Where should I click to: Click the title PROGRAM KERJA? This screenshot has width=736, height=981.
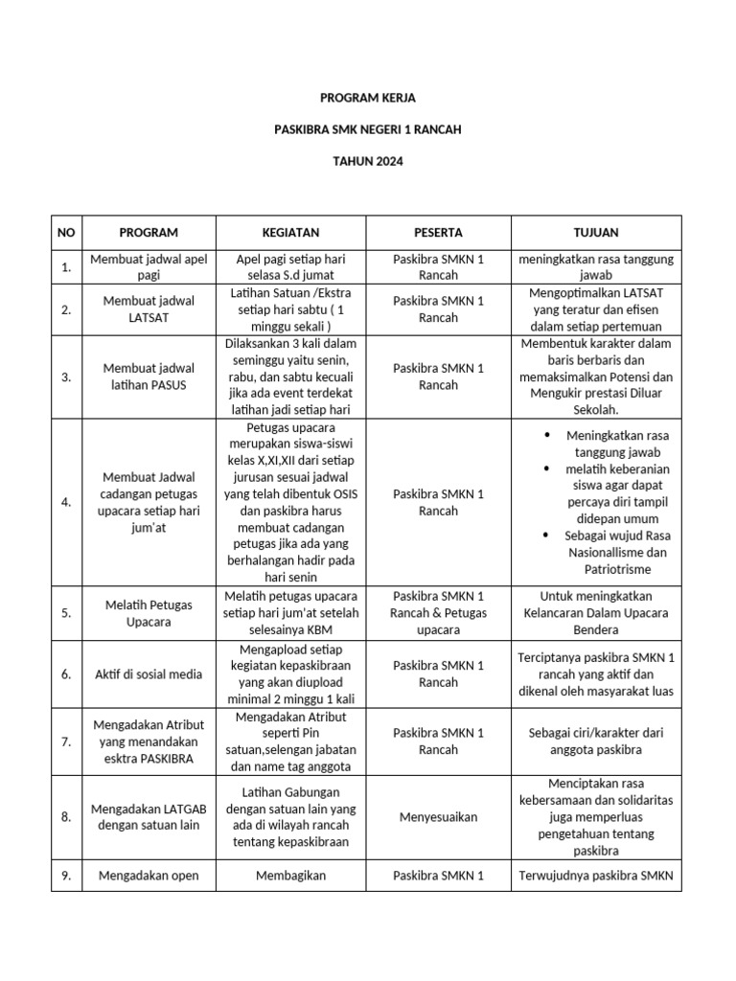coord(368,98)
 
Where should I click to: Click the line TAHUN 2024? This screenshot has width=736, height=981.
coord(368,161)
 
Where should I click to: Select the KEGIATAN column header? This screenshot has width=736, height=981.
coord(290,233)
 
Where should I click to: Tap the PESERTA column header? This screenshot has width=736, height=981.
coord(438,233)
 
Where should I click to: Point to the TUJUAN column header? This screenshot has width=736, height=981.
coord(595,233)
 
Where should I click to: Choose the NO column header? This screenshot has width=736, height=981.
coord(65,233)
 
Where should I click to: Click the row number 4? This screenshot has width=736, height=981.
coord(65,502)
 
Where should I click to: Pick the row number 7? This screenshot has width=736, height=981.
coord(65,742)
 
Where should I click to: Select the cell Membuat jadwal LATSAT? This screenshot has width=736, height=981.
coord(149,308)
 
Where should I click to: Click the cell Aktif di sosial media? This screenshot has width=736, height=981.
coord(149,674)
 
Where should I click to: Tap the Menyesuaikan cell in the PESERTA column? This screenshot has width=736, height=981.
coord(438,817)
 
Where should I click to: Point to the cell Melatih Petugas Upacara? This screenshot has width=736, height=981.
coord(149,613)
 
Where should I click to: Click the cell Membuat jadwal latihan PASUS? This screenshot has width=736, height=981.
coord(149,376)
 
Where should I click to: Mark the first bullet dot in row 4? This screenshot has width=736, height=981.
coord(547,434)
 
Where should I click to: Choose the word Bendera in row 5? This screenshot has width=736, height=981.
coord(595,630)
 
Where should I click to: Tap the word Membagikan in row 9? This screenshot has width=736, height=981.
coord(290,876)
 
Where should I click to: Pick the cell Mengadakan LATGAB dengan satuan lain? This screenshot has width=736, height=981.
coord(149,817)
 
